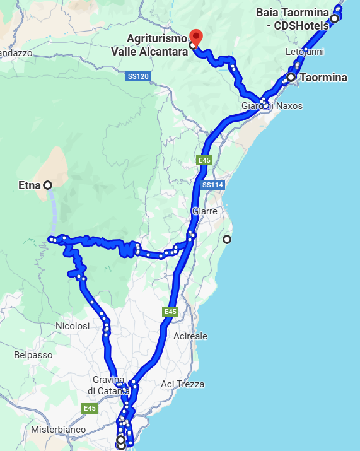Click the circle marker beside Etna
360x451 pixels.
[x=47, y=185]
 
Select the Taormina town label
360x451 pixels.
[x=323, y=78]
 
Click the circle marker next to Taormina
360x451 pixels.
[x=291, y=78]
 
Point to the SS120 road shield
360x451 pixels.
[x=137, y=77]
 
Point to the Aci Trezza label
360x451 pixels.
[x=182, y=384]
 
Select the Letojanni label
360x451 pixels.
[x=305, y=51]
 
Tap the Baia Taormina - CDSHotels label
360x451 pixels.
[x=293, y=18]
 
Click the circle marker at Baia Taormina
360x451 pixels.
[x=334, y=18]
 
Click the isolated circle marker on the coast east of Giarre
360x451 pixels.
[x=227, y=239]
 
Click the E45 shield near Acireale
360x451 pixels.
[x=170, y=312]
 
